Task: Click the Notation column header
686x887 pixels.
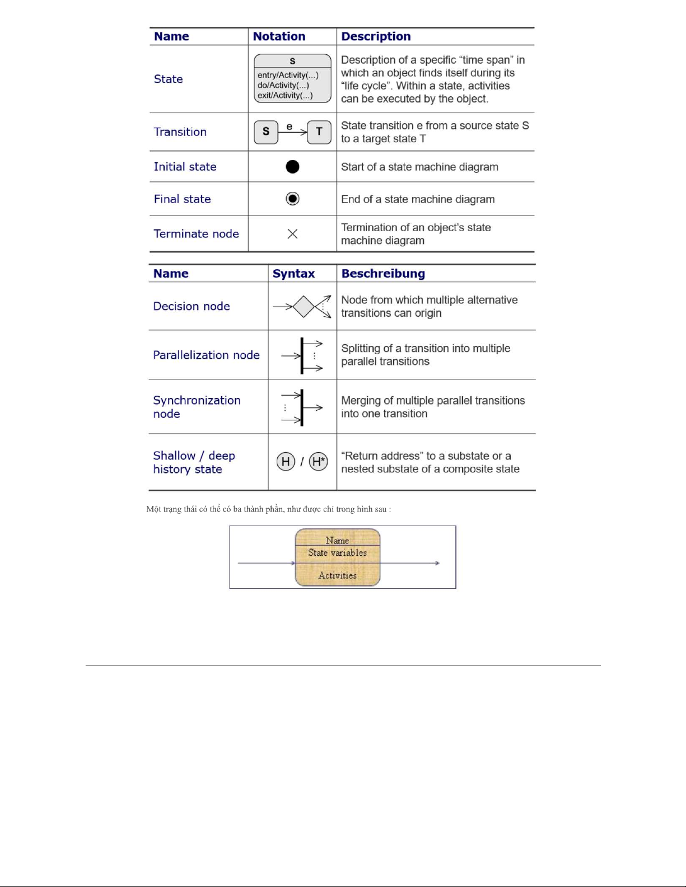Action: (279, 36)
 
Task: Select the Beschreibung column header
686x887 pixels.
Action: (383, 274)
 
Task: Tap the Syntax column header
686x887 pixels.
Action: (293, 274)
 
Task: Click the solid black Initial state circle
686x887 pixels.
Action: (292, 167)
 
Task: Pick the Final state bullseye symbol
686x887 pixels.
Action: (292, 199)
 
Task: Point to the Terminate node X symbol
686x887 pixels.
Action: (292, 234)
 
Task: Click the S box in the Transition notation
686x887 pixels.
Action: (266, 132)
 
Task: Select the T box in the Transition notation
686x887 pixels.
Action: (319, 132)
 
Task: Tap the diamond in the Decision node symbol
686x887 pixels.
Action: (304, 307)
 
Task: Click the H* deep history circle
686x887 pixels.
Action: (319, 462)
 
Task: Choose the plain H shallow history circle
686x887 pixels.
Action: (286, 462)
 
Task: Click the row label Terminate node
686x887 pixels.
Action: (196, 234)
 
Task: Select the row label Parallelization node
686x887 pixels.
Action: (206, 355)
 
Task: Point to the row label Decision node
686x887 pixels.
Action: (192, 307)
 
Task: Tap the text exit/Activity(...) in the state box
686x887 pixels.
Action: (285, 96)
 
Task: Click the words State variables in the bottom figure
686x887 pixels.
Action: (337, 553)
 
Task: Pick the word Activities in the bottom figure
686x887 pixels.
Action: (337, 575)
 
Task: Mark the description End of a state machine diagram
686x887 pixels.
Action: (418, 199)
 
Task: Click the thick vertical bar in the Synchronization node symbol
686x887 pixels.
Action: (302, 407)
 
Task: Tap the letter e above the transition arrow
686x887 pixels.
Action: (289, 126)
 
